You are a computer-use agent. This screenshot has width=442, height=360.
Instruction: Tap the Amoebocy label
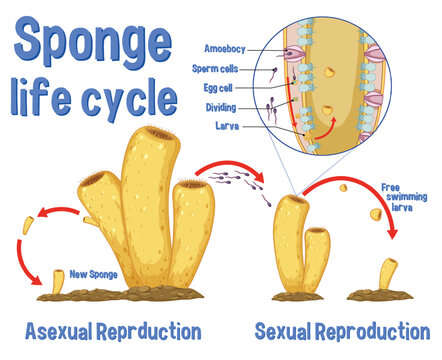click(x=221, y=47)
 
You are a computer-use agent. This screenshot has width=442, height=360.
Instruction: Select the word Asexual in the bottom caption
click(x=59, y=331)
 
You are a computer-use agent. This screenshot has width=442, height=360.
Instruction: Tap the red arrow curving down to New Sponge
click(x=27, y=250)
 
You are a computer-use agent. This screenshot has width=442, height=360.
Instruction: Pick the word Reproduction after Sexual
click(x=381, y=331)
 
